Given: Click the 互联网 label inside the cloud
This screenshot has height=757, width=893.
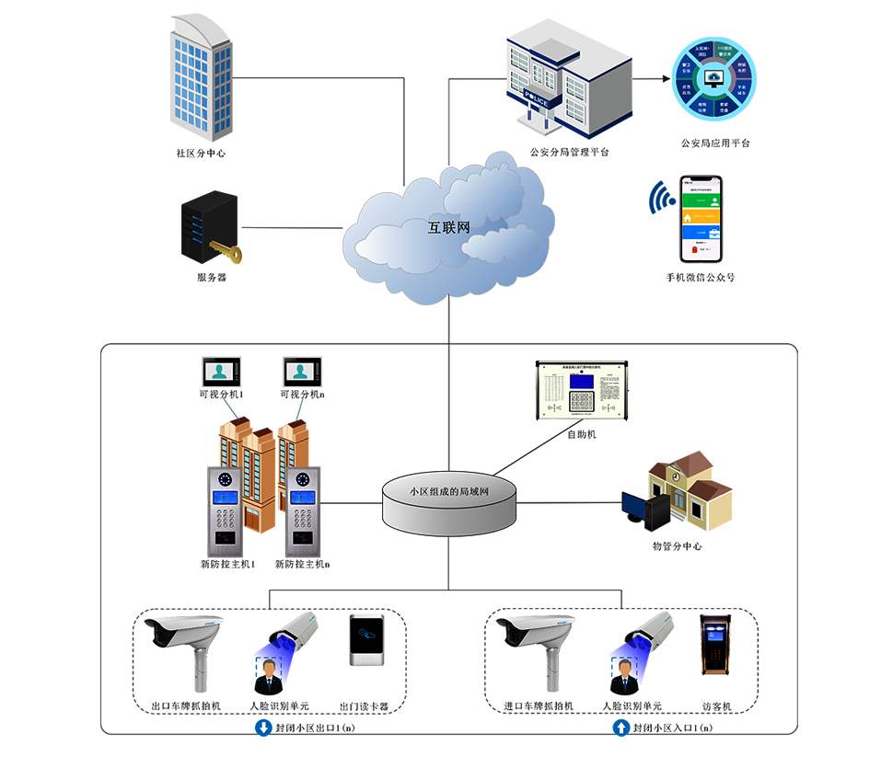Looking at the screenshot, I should [449, 227].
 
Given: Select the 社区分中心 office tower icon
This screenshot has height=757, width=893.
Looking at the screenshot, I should [199, 74].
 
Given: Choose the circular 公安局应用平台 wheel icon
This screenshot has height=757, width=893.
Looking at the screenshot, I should [713, 79].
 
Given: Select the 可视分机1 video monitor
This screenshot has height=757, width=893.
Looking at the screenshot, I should [221, 372].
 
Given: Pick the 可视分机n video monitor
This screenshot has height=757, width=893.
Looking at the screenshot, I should [302, 372].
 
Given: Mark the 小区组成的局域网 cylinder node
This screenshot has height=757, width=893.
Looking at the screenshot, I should [449, 501].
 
